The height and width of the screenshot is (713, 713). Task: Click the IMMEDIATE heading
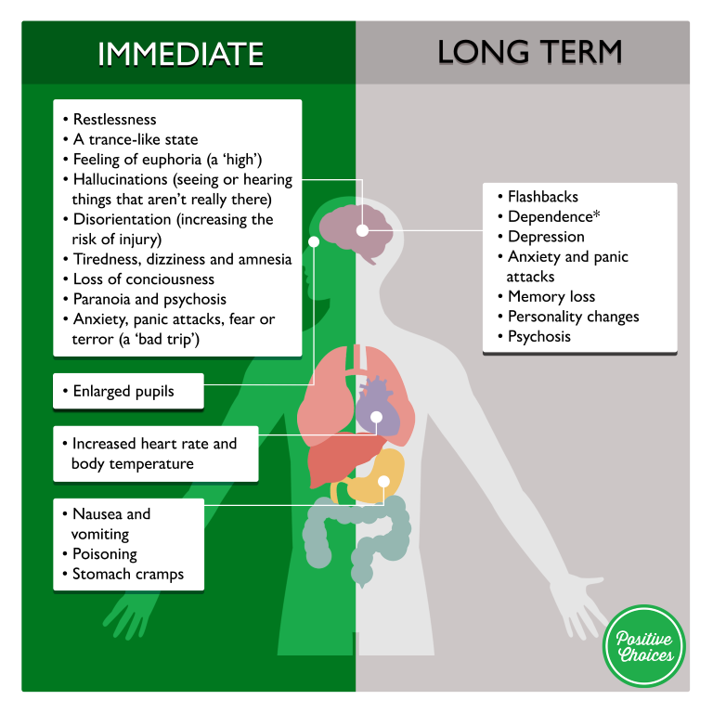[x=180, y=54]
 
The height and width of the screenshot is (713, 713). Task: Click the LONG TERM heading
[x=530, y=52]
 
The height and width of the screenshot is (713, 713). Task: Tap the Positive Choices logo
[x=644, y=646]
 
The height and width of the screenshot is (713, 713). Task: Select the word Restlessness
[x=114, y=119]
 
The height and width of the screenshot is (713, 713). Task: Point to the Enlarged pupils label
[x=123, y=391]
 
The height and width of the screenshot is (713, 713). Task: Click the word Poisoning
[x=105, y=554]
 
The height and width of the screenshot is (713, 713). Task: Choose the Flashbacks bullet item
[x=543, y=197]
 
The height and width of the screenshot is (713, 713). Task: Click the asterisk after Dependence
[x=597, y=214]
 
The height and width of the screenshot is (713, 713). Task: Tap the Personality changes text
[x=574, y=317]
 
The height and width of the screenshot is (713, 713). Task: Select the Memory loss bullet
[x=551, y=296]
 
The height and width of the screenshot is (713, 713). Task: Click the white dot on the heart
[x=377, y=417]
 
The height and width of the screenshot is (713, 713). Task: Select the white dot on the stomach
[x=383, y=482]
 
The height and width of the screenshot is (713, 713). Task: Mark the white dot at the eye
[x=314, y=242]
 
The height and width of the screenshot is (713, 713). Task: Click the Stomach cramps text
[x=128, y=574]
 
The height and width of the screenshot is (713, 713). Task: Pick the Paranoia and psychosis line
[x=149, y=299]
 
